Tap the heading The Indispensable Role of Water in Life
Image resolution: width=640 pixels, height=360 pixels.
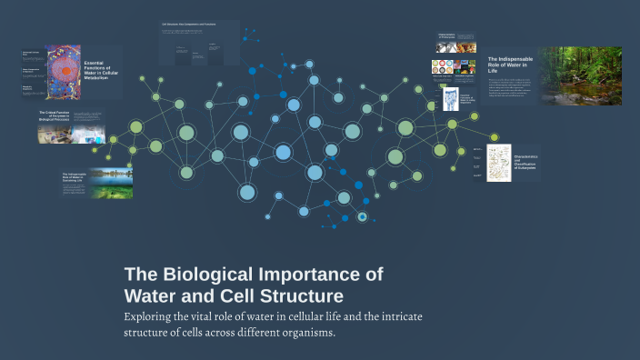(510, 64)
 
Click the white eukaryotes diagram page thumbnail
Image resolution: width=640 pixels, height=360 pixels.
(499, 163)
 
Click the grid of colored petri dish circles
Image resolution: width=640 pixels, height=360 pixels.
(443, 66)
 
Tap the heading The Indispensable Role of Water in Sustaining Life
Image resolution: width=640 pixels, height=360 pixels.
(74, 177)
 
